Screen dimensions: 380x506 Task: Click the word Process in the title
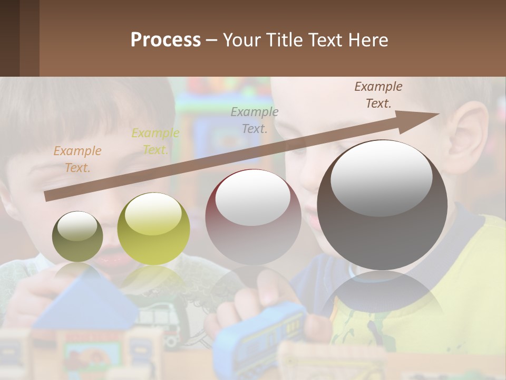click(166, 40)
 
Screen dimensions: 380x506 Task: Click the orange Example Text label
click(77, 159)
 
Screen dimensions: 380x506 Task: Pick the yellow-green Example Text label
click(155, 141)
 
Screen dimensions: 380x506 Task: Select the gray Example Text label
click(255, 120)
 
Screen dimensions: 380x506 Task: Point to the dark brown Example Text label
click(378, 95)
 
